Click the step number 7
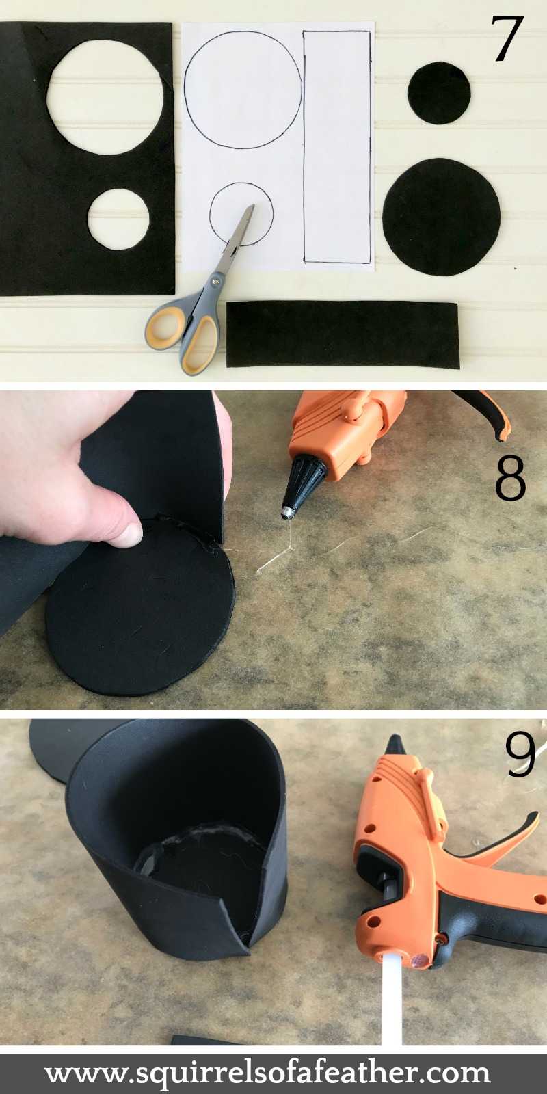507,39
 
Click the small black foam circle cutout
439,93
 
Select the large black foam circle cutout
441,217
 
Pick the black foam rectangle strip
342,334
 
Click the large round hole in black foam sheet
105,96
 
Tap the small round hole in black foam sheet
118,219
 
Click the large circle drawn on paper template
243,89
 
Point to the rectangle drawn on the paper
337,146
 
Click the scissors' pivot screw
217,280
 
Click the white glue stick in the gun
391,1005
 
